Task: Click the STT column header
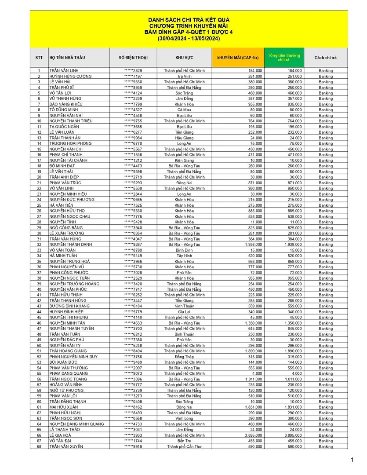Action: click(x=39, y=58)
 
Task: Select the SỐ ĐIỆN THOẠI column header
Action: click(x=133, y=58)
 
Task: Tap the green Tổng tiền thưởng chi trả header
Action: click(x=284, y=57)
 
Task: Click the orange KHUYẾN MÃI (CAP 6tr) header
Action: click(x=238, y=58)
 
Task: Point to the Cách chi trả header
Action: click(x=326, y=58)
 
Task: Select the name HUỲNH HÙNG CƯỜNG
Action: click(x=70, y=76)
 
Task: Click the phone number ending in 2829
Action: click(x=133, y=71)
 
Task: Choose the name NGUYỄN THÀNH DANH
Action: click(x=71, y=245)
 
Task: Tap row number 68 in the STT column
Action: click(x=39, y=446)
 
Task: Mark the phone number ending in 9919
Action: click(x=133, y=446)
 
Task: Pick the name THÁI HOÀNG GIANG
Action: click(x=68, y=351)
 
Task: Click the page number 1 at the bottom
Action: click(x=352, y=460)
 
